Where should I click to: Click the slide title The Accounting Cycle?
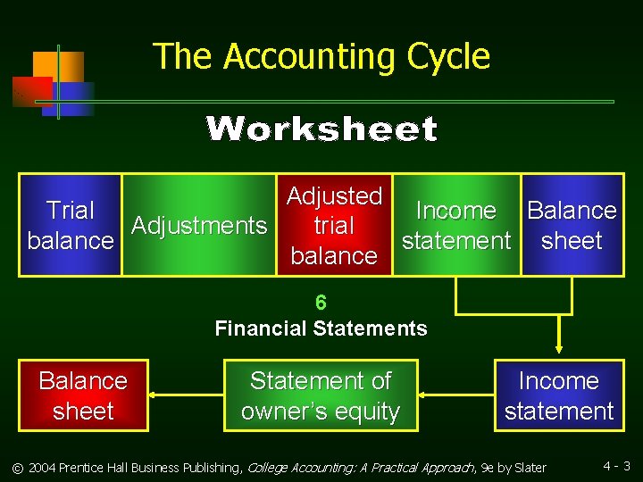[321, 56]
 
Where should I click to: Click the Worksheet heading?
[321, 129]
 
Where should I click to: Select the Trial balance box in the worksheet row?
[71, 225]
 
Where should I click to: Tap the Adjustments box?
[198, 226]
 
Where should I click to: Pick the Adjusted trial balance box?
[334, 225]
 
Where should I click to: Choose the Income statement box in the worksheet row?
[455, 225]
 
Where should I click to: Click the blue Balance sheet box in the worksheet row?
[572, 225]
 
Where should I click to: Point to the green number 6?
[321, 303]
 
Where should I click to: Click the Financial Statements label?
[321, 328]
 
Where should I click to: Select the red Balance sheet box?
[83, 395]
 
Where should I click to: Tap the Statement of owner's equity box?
[321, 395]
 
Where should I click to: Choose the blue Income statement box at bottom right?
[559, 395]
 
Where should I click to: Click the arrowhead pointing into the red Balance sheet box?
[153, 394]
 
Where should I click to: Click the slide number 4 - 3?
[616, 466]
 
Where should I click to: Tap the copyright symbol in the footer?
[16, 468]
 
